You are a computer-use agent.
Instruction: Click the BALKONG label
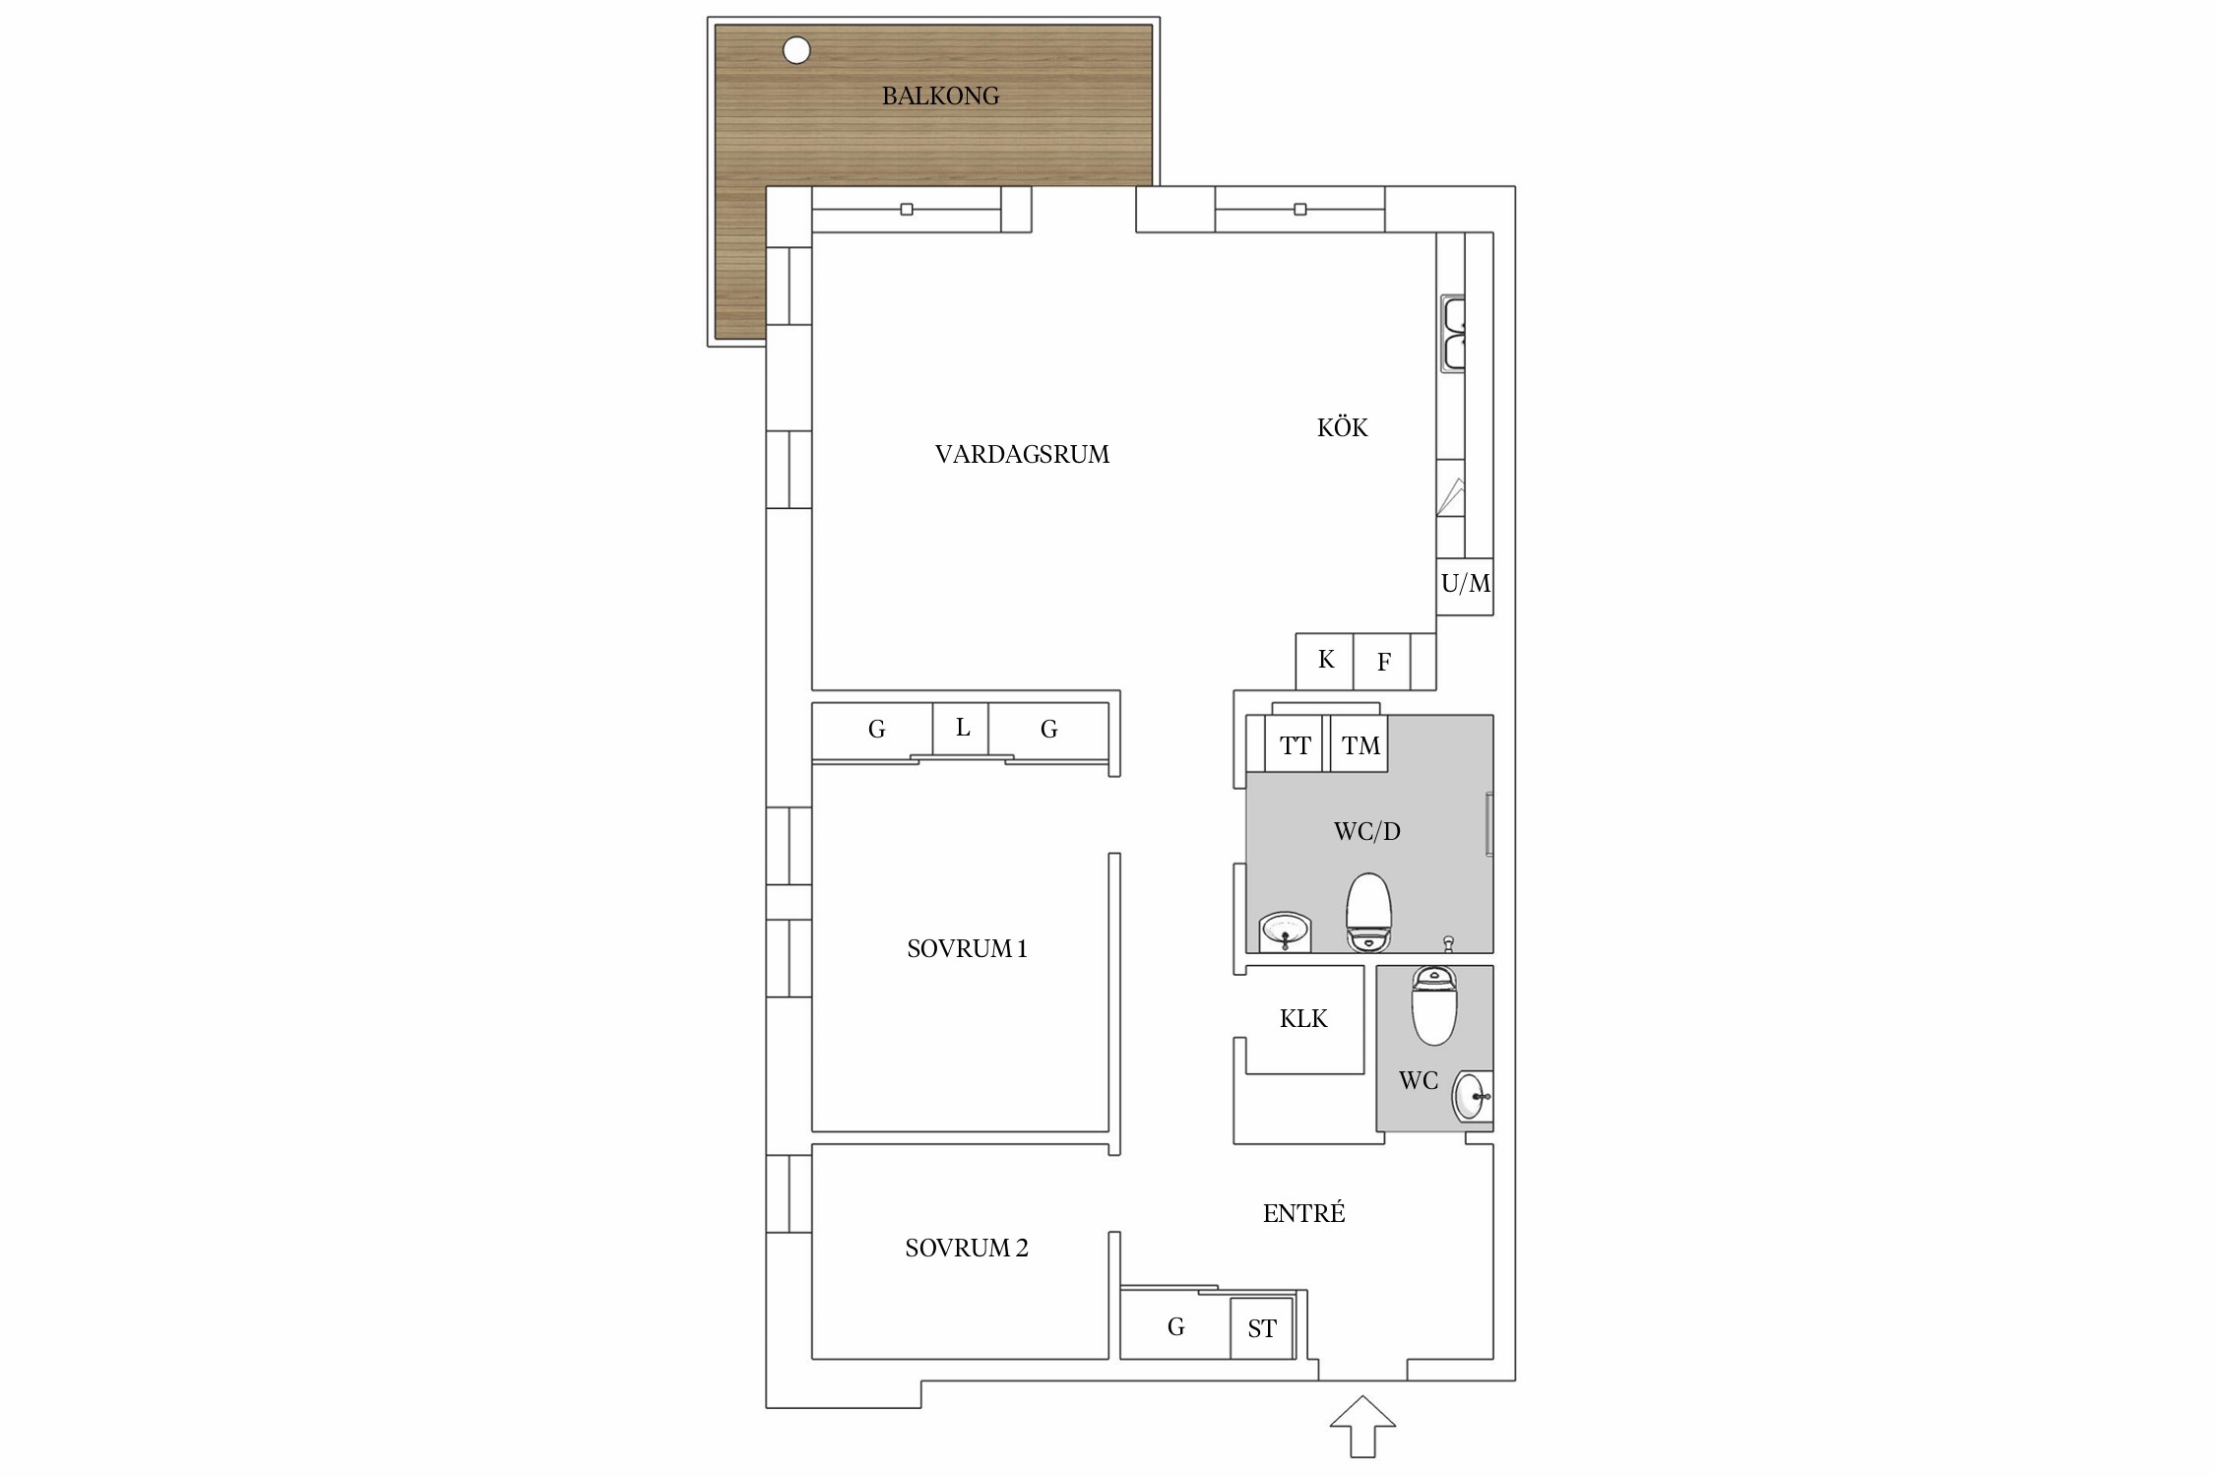[x=940, y=96]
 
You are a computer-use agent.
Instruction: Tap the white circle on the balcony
[x=796, y=50]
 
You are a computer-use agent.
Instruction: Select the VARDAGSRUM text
[x=1022, y=454]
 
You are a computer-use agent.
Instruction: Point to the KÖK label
[x=1343, y=426]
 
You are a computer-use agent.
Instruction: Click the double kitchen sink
[x=1453, y=334]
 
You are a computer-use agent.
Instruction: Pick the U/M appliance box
[x=1465, y=586]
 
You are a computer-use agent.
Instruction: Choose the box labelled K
[x=1325, y=661]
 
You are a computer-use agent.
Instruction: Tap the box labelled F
[x=1382, y=661]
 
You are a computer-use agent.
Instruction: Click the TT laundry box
[x=1294, y=743]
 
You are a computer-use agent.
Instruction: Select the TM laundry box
[x=1360, y=743]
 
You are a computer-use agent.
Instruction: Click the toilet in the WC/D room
[x=1368, y=912]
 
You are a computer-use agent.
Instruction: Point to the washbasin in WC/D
[x=1286, y=931]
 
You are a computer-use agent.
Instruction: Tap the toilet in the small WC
[x=1433, y=1004]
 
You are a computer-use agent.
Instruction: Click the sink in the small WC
[x=1473, y=1096]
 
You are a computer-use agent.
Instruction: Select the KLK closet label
[x=1303, y=1018]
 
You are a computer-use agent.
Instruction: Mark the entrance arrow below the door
[x=1362, y=1426]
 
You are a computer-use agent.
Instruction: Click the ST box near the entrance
[x=1261, y=1328]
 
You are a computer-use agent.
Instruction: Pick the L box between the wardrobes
[x=961, y=729]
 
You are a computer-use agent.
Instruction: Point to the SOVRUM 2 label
[x=967, y=1248]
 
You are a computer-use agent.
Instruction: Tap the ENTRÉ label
[x=1303, y=1213]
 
